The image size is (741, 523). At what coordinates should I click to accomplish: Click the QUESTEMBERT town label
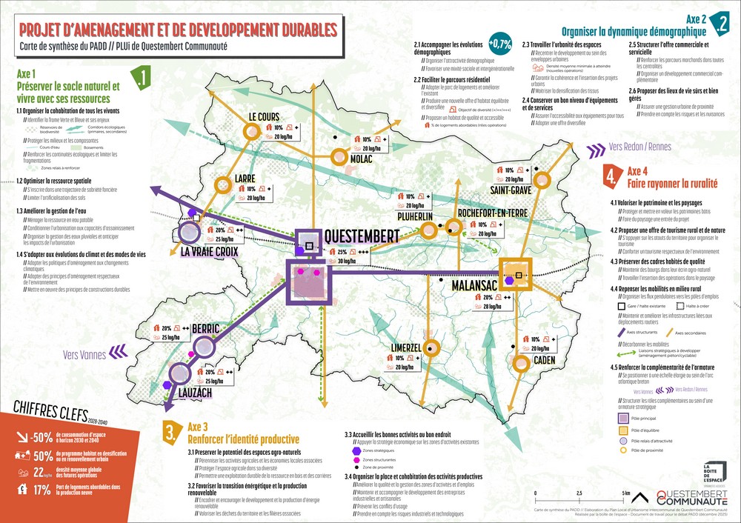[362, 236]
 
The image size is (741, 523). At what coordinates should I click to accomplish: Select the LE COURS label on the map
[264, 116]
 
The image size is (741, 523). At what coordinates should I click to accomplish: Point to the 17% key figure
[41, 489]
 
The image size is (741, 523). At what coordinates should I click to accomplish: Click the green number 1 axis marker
[140, 78]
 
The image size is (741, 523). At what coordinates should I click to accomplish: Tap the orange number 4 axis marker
[610, 176]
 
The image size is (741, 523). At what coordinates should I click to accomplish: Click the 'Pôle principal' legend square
[622, 419]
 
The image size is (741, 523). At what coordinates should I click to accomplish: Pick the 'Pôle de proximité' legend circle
[622, 450]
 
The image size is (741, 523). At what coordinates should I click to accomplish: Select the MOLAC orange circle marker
[339, 156]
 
